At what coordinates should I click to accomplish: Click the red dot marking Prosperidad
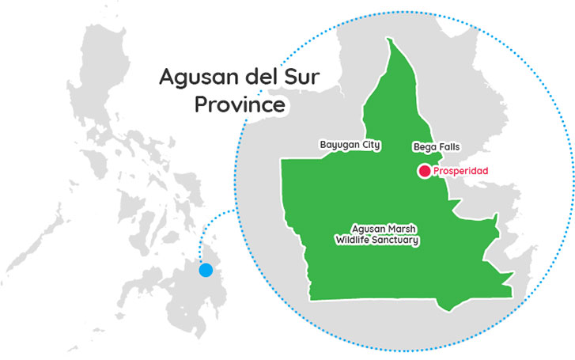pos(425,170)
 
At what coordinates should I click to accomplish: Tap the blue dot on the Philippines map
pos(206,270)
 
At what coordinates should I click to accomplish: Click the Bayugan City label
pos(350,146)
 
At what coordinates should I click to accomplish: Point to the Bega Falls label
pos(437,147)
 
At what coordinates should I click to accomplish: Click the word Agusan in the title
pos(194,78)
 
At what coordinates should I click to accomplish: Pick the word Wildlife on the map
pos(355,240)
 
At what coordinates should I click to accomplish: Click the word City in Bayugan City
pos(369,146)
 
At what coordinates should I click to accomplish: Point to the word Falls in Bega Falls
pos(448,147)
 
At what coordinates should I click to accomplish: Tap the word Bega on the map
pos(424,147)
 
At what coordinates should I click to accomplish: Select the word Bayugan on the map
pos(338,146)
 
